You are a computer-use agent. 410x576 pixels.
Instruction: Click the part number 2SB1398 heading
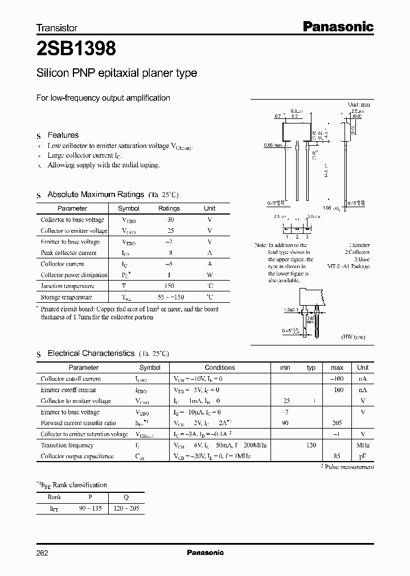click(x=76, y=50)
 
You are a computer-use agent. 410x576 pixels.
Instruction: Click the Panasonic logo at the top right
click(x=337, y=26)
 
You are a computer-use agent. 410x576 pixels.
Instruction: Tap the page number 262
click(x=42, y=553)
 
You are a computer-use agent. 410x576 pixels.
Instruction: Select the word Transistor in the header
click(x=57, y=27)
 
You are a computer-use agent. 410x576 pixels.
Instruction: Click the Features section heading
click(x=63, y=135)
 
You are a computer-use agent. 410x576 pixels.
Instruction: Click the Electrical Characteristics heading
click(x=91, y=353)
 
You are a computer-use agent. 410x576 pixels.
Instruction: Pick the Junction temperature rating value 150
click(x=169, y=286)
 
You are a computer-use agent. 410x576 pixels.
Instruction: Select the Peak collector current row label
click(x=68, y=253)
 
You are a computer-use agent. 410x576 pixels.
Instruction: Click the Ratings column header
click(x=169, y=208)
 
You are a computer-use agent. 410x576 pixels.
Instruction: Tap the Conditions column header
click(x=220, y=368)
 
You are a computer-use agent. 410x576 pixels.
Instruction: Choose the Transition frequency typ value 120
click(x=311, y=445)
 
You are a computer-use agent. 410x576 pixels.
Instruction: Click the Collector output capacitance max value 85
click(x=337, y=456)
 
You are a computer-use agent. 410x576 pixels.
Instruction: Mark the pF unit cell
click(x=363, y=456)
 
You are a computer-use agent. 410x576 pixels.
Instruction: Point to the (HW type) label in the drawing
click(x=354, y=337)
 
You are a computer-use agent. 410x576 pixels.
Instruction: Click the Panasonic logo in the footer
click(x=206, y=553)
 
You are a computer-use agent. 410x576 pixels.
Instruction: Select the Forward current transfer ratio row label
click(x=78, y=423)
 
